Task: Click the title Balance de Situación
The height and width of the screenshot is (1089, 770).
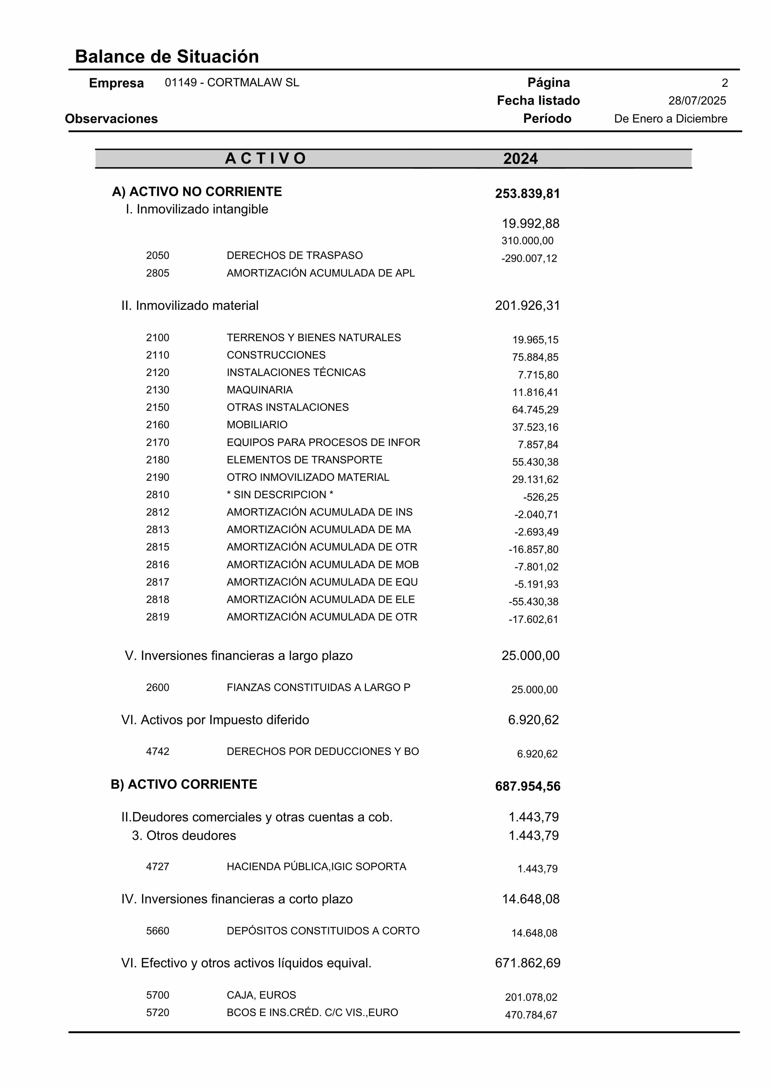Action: click(167, 56)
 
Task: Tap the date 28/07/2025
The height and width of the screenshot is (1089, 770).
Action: click(697, 100)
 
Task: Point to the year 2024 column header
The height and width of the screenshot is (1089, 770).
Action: click(521, 158)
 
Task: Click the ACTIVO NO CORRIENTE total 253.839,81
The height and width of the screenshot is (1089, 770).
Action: click(528, 193)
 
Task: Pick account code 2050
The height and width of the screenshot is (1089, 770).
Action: click(157, 255)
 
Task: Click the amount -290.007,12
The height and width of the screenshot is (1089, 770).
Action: click(529, 258)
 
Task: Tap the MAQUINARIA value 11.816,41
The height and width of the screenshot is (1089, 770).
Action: click(535, 392)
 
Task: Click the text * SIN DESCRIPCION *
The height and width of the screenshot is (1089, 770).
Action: click(280, 495)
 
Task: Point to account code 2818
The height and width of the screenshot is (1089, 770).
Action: click(157, 600)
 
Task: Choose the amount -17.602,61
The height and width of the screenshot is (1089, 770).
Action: click(533, 619)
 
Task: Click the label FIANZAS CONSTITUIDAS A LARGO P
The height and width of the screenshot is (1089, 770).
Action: click(318, 687)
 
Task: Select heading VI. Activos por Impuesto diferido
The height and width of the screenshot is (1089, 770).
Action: click(215, 720)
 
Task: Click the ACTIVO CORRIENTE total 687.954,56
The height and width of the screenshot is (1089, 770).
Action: click(528, 786)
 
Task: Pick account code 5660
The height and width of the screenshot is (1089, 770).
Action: click(157, 931)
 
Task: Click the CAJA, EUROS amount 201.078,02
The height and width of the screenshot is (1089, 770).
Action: click(531, 997)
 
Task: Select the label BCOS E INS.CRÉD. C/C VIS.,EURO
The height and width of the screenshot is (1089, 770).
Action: click(312, 1012)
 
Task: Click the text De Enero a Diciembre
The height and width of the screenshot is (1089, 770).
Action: click(671, 119)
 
